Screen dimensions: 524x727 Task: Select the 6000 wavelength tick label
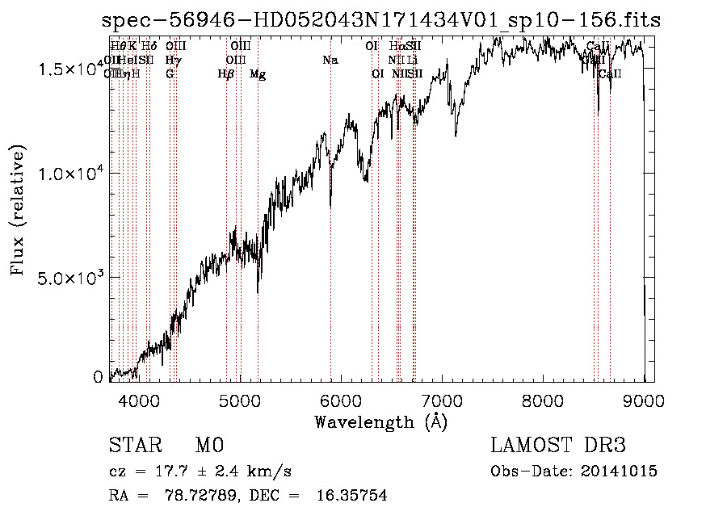[x=340, y=398]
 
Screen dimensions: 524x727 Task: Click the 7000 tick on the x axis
[x=441, y=398]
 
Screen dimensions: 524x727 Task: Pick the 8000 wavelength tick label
[x=543, y=398]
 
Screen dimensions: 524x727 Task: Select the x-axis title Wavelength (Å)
[x=380, y=421]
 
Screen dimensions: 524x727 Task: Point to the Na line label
[x=330, y=60]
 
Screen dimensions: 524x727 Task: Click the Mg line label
[x=258, y=74]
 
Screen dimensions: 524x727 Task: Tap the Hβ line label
[x=226, y=74]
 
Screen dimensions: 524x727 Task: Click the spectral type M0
[x=209, y=446]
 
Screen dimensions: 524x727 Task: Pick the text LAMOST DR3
[x=558, y=446]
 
